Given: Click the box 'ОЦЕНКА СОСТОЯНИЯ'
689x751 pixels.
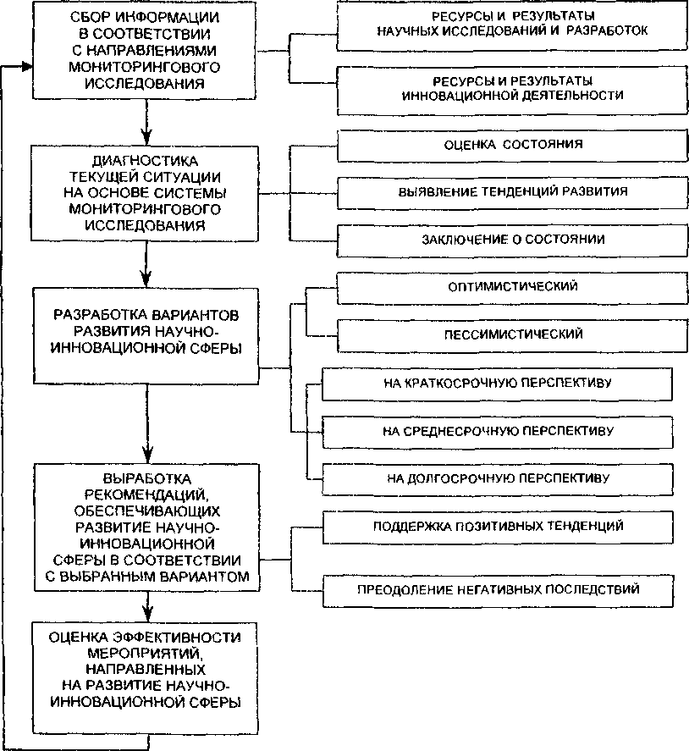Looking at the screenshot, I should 512,145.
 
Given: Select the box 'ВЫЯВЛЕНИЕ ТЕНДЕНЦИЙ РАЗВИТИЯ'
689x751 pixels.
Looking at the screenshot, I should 512,191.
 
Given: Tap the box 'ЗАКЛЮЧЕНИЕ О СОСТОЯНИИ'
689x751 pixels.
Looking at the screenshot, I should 512,239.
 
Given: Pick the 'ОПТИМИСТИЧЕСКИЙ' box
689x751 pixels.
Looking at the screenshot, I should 512,287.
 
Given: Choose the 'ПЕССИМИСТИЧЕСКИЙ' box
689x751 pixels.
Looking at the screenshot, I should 512,334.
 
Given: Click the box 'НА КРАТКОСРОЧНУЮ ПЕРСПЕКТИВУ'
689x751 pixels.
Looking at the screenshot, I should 497,383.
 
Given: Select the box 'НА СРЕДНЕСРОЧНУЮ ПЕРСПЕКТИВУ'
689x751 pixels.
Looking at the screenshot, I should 497,430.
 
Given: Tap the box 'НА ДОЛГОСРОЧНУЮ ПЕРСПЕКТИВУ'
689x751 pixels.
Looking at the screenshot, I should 497,478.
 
